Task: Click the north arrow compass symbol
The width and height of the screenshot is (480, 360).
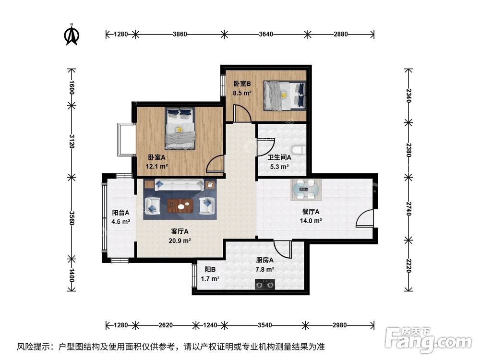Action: point(72,35)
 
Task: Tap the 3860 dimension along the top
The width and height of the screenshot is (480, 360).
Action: point(179,34)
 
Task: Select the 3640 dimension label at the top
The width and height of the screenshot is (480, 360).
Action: point(265,34)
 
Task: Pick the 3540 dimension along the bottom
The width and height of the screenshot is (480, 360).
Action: point(264,325)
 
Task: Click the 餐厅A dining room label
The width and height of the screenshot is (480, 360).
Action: point(311,212)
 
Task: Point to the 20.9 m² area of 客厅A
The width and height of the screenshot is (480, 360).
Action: point(180,240)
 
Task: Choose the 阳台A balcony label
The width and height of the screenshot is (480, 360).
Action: point(120,212)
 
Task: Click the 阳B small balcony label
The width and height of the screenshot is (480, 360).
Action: point(209,269)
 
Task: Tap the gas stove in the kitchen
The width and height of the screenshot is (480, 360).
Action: point(264,285)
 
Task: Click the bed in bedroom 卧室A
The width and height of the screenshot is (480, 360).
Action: point(180,128)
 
